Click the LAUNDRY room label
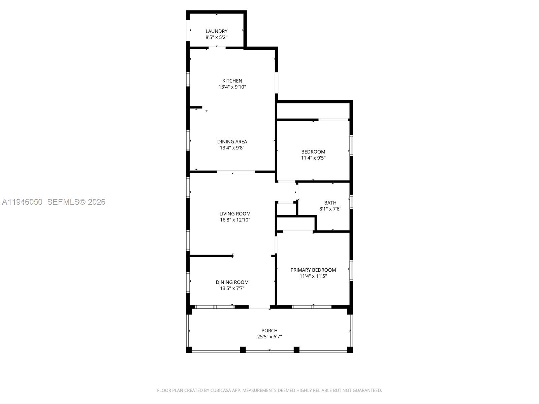click(216, 31)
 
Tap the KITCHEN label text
click(232, 81)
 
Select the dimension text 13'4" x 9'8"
click(232, 148)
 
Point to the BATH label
click(330, 203)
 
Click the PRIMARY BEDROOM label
click(313, 270)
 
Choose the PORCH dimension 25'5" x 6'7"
click(269, 337)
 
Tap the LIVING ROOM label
click(235, 214)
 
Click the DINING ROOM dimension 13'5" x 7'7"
click(232, 288)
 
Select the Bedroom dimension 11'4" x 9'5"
click(313, 158)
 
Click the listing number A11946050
click(22, 202)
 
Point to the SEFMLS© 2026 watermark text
click(76, 202)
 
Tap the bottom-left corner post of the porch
click(189, 349)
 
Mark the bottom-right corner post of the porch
click(350, 349)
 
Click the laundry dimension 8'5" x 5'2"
click(216, 37)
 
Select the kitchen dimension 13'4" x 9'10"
click(232, 87)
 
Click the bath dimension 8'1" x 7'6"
click(330, 209)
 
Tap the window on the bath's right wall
click(351, 202)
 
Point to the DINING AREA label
click(232, 141)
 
